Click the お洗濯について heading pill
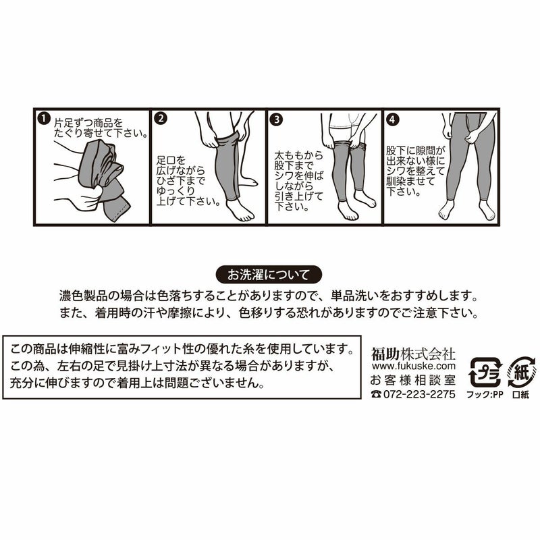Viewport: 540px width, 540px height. tap(268, 275)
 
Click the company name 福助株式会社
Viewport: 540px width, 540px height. tap(414, 353)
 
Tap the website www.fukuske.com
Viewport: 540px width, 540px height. tap(414, 365)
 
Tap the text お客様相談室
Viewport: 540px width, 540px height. tap(414, 379)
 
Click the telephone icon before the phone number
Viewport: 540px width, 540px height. tap(375, 394)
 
